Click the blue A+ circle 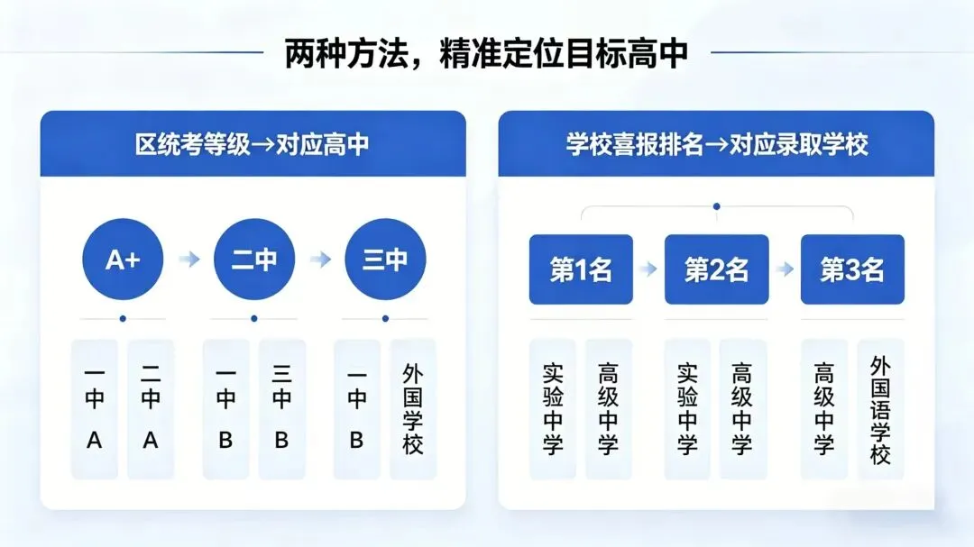coord(123,260)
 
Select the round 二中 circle coord(254,260)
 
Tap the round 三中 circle coord(385,260)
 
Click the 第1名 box coord(581,269)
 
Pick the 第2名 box coord(716,269)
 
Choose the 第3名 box coord(852,269)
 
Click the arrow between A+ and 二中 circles coord(188,260)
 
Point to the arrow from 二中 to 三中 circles coord(320,260)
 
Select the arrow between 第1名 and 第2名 coord(648,269)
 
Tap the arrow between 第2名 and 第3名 coord(785,269)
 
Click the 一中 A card coord(95,408)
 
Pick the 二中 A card coord(151,408)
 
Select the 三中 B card coord(281,408)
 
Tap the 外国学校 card coord(413,408)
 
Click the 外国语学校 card coord(880,408)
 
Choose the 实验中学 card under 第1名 coord(553,408)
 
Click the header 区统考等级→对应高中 coord(253,144)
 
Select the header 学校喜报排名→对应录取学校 coord(716,144)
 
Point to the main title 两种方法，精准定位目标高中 coord(486,53)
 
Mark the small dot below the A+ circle coord(123,318)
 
